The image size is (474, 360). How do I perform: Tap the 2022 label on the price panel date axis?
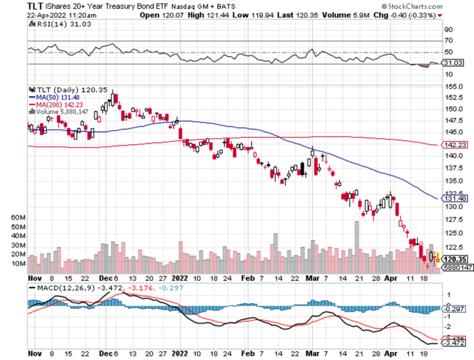(x=179, y=278)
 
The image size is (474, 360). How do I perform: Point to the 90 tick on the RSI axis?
(x=449, y=29)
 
